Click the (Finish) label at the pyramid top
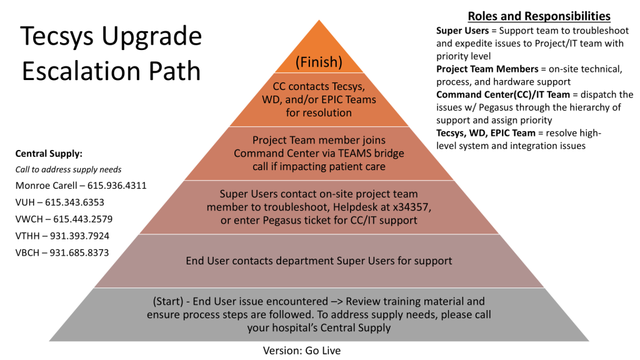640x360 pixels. tap(319, 62)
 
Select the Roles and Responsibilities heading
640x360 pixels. tap(539, 16)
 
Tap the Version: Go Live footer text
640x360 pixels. tap(302, 351)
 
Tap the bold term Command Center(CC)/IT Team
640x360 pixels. tap(502, 95)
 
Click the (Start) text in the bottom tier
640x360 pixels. tap(169, 302)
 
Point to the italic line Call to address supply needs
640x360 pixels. tap(68, 169)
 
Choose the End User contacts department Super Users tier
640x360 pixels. tap(319, 260)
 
